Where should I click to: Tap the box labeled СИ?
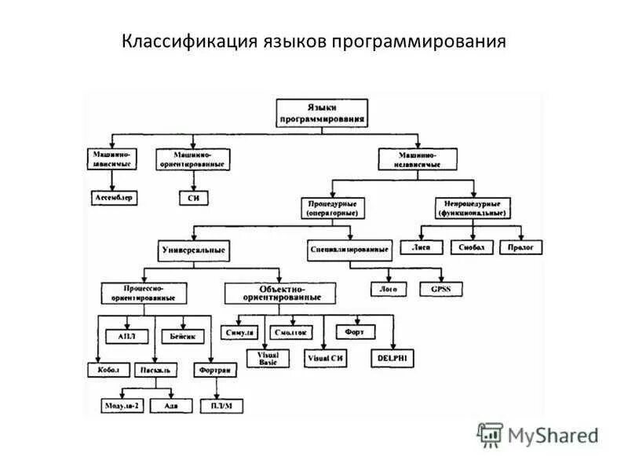[x=193, y=198]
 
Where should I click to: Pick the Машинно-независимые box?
[x=418, y=159]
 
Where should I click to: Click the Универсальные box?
[x=194, y=251]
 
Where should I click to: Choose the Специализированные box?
[x=349, y=250]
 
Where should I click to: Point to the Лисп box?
[x=422, y=247]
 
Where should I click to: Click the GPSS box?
[x=441, y=289]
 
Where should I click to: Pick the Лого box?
[x=389, y=289]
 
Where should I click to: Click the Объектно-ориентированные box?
[x=280, y=293]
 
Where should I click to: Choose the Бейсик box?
[x=187, y=335]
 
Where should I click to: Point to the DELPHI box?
[x=393, y=357]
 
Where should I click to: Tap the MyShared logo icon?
[x=490, y=434]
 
